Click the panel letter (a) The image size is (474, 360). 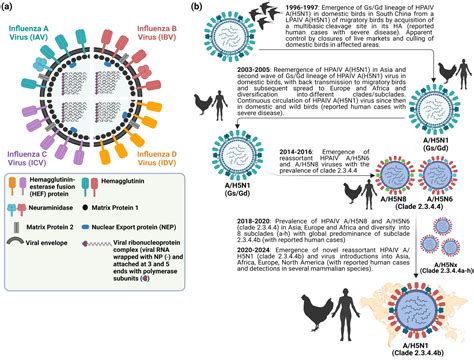tap(9, 7)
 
